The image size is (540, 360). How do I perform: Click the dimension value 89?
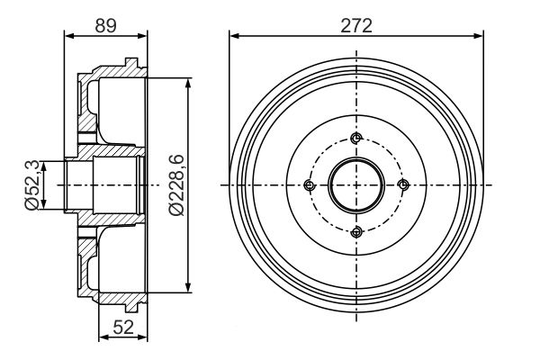(105, 25)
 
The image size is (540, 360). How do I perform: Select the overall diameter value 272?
(356, 25)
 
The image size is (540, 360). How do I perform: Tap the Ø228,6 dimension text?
(176, 185)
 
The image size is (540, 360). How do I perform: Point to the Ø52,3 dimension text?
(32, 185)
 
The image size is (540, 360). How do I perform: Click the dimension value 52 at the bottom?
(123, 327)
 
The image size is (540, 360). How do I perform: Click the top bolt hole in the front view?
(356, 139)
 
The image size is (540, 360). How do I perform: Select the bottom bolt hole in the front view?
(356, 232)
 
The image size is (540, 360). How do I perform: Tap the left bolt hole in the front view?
(310, 185)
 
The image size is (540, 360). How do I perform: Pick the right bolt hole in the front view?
(403, 185)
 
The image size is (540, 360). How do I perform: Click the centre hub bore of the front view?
(356, 185)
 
